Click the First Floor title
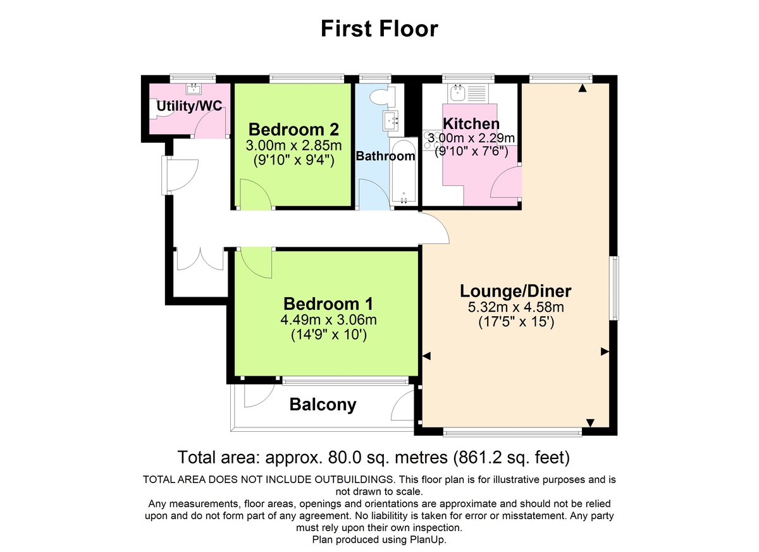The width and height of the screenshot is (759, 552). click(x=379, y=28)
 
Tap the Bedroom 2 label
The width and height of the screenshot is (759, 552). click(x=293, y=130)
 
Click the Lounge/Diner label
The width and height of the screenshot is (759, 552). click(x=515, y=291)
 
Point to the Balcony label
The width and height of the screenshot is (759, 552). click(x=323, y=405)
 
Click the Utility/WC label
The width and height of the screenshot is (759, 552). click(x=190, y=106)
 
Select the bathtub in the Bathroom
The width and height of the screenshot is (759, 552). click(x=404, y=174)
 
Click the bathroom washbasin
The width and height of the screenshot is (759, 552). click(x=390, y=119)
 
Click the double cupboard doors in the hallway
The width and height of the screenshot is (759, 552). click(x=200, y=260)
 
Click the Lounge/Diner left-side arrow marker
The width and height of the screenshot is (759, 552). click(x=427, y=357)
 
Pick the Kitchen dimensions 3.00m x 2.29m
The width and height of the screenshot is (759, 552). click(x=471, y=138)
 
